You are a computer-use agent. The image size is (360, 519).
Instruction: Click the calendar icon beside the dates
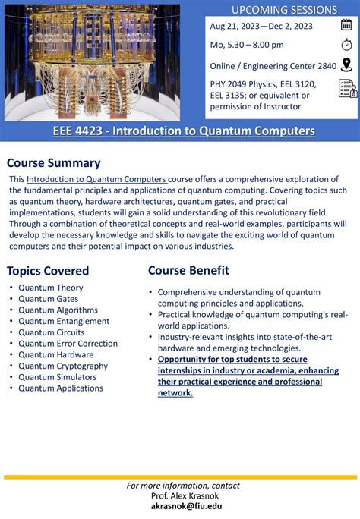click(x=347, y=24)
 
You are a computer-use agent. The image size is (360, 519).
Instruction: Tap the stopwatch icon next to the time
click(x=347, y=44)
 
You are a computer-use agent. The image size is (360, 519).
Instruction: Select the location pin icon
click(x=347, y=65)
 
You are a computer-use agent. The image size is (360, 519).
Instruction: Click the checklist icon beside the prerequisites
click(x=347, y=89)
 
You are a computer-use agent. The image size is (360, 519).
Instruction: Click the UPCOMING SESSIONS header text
click(x=284, y=10)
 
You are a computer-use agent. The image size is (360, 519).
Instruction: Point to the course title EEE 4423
click(x=184, y=131)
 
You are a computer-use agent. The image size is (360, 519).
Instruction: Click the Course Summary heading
click(x=54, y=162)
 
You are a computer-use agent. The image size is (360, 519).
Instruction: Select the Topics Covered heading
click(x=48, y=271)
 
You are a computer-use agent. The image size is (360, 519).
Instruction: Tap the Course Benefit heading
click(x=188, y=270)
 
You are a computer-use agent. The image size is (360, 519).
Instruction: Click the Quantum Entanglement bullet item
click(x=64, y=321)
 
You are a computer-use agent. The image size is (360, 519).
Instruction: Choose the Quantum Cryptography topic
click(x=63, y=366)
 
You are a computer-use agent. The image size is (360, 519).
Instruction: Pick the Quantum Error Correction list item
click(x=68, y=343)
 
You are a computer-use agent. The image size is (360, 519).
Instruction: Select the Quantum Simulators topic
click(x=58, y=377)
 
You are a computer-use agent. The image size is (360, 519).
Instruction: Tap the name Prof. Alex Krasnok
click(x=180, y=495)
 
